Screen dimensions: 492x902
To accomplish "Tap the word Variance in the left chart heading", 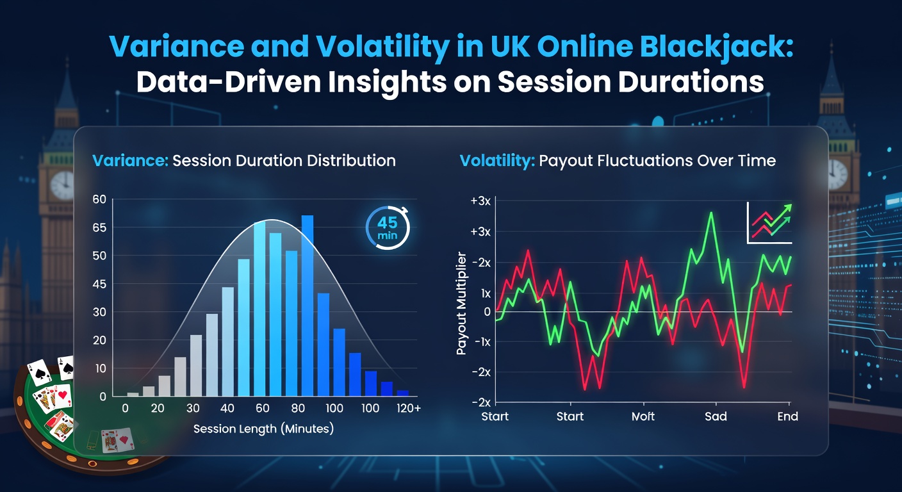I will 131,160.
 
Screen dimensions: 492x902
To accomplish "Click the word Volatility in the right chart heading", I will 497,160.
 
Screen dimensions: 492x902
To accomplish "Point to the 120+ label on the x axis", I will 407,409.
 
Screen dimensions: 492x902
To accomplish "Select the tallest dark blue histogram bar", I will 307,306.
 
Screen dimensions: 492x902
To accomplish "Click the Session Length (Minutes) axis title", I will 263,429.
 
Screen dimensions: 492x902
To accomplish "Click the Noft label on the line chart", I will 643,416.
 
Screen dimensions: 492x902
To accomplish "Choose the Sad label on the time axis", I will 716,416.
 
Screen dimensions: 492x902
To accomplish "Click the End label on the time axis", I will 787,416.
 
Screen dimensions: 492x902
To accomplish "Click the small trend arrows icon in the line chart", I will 770,223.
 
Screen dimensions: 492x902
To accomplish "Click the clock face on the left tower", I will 62,185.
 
